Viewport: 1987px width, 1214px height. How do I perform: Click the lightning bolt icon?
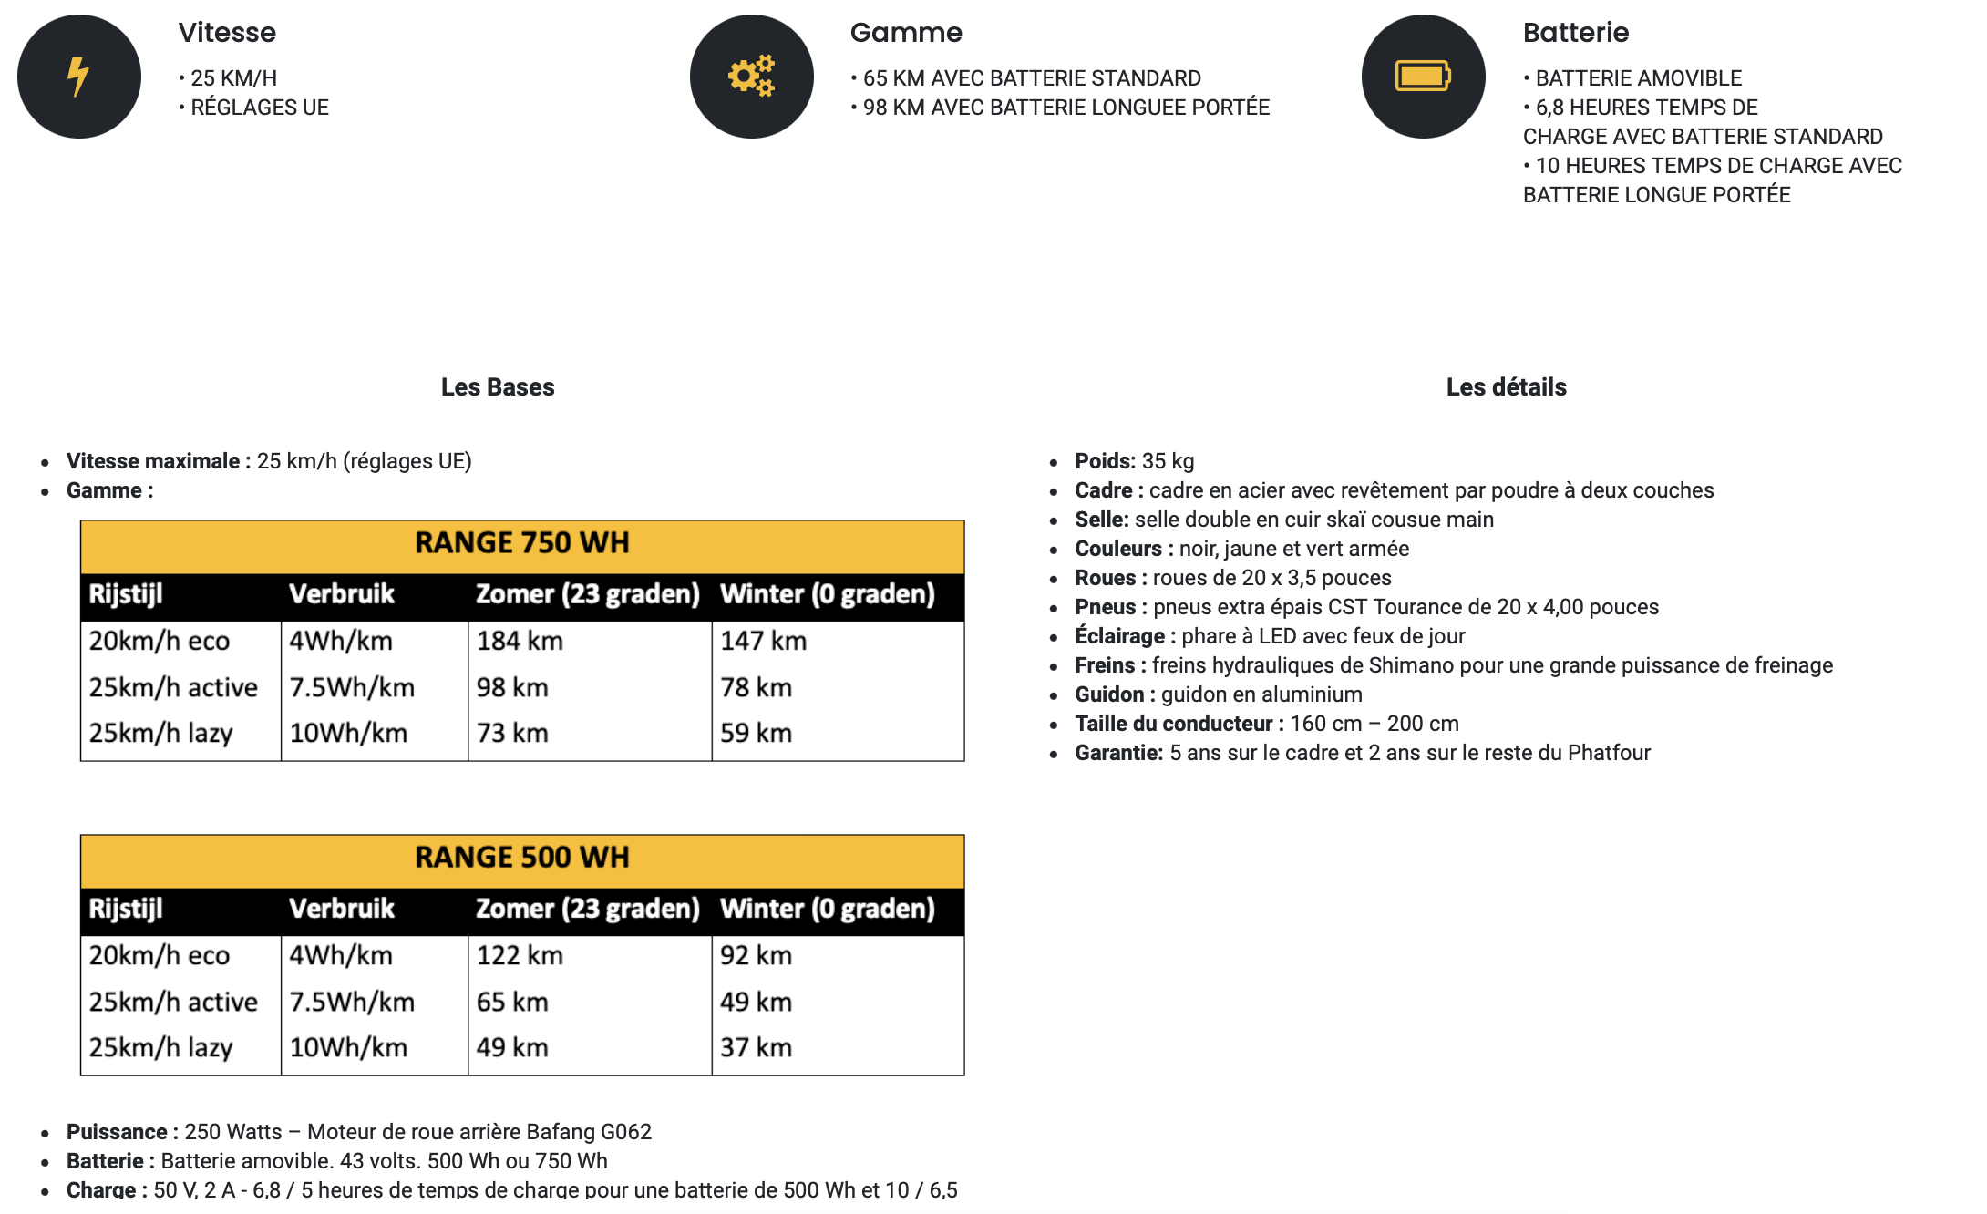click(x=78, y=77)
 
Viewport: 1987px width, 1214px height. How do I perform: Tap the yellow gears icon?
click(x=751, y=77)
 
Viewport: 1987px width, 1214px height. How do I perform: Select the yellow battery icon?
click(x=1423, y=77)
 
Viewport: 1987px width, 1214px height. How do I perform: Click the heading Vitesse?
click(x=227, y=33)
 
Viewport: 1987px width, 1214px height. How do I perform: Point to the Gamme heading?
click(x=906, y=33)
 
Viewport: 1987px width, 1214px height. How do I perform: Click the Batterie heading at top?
click(x=1576, y=33)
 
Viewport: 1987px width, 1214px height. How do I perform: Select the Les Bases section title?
click(x=498, y=387)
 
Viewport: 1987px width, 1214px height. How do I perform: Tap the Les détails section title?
click(x=1506, y=387)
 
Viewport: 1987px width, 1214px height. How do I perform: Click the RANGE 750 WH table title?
click(x=522, y=543)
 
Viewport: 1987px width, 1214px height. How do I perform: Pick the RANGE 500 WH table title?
click(x=522, y=858)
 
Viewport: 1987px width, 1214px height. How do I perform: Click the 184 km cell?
click(x=520, y=642)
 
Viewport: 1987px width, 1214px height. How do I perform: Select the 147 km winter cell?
click(x=763, y=642)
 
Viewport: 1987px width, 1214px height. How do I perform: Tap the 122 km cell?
click(x=520, y=956)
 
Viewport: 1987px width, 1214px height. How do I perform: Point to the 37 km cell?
click(x=756, y=1048)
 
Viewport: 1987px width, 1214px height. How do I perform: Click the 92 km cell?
click(x=756, y=956)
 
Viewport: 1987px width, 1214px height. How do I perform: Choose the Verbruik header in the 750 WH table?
click(x=342, y=594)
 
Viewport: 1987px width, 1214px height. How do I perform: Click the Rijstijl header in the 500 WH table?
click(x=126, y=909)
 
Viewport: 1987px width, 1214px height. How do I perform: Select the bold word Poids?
click(x=1105, y=461)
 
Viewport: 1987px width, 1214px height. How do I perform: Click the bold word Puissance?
click(x=117, y=1132)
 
